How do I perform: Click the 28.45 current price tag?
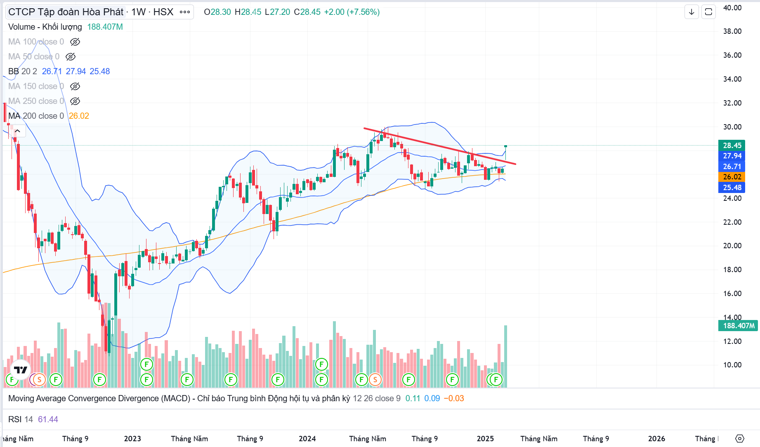click(732, 145)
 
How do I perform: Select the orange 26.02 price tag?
click(732, 177)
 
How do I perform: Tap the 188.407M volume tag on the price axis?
click(738, 326)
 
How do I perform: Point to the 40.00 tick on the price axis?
click(732, 8)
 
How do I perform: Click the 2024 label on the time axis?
click(307, 439)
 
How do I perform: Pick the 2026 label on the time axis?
click(656, 439)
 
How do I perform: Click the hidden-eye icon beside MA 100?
click(75, 42)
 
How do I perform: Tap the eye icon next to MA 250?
click(75, 101)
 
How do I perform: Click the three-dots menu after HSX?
click(185, 12)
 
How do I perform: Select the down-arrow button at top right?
click(692, 12)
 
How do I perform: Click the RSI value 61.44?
click(48, 419)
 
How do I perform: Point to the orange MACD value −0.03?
click(453, 398)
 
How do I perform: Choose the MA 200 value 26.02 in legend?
click(79, 116)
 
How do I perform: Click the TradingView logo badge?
click(21, 369)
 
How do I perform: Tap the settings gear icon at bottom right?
click(740, 438)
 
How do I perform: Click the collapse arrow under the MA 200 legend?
click(17, 131)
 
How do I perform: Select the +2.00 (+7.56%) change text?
click(352, 12)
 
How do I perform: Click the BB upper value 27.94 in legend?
click(76, 71)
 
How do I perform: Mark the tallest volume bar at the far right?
click(505, 356)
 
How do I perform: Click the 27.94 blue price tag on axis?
click(732, 156)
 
